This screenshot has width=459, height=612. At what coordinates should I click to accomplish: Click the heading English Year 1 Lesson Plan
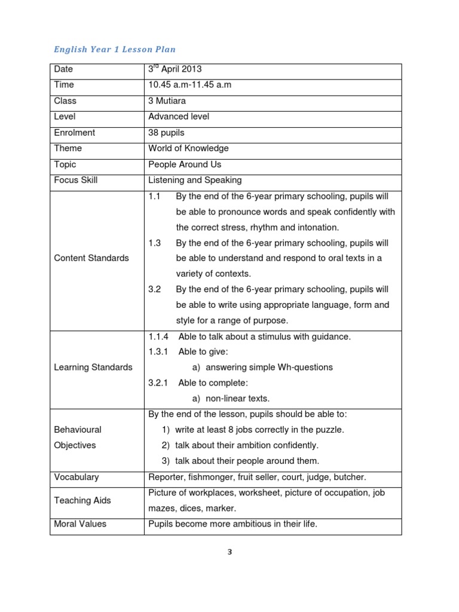point(115,49)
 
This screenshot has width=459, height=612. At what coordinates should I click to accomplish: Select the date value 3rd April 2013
point(176,69)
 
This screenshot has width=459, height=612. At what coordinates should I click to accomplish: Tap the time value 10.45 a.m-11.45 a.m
point(189,85)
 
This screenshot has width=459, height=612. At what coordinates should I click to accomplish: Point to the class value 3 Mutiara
point(168,100)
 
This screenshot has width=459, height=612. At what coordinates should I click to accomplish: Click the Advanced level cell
point(179,117)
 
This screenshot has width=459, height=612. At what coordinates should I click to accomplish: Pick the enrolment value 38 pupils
point(166,133)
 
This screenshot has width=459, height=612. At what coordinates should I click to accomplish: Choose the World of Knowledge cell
point(188,148)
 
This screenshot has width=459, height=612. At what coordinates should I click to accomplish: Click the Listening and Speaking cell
point(195,180)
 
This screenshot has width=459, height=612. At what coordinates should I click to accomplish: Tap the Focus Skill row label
point(76,180)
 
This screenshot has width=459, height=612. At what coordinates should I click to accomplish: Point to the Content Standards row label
point(91,258)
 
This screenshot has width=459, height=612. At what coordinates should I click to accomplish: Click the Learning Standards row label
point(93,367)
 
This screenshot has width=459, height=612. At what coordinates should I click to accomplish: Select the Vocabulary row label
point(76,477)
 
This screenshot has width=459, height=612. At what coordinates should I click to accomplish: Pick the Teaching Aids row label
point(82,500)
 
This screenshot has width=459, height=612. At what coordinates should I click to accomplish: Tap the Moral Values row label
point(80,524)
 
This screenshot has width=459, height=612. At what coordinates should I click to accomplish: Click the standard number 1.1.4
point(159,336)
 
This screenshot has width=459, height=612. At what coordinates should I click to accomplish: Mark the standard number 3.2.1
point(159,382)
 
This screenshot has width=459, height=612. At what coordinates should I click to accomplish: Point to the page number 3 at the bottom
point(229,552)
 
